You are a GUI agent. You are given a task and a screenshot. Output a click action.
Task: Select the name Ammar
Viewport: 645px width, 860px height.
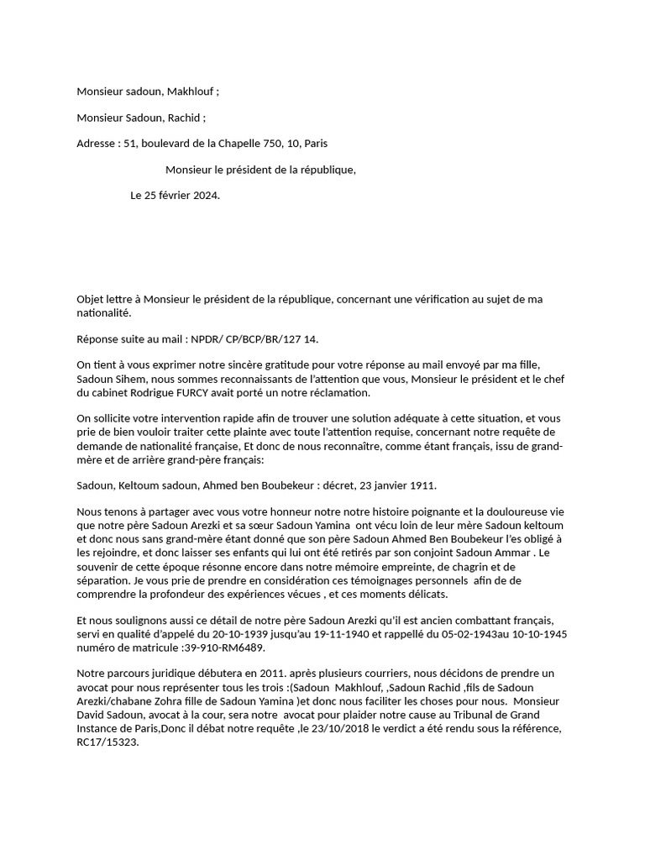[516, 553]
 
